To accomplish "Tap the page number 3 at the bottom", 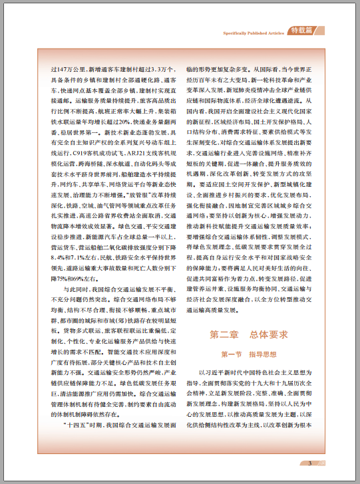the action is click(309, 463).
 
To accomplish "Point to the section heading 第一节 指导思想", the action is click(248, 355).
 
